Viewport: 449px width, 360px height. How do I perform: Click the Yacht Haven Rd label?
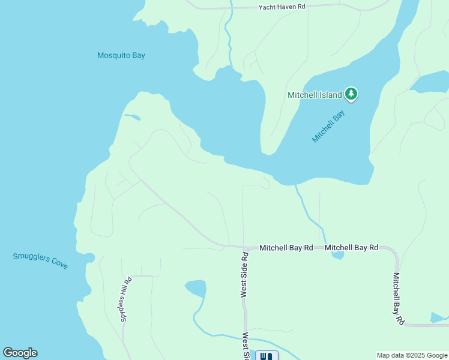282,7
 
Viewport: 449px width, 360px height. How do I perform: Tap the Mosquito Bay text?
121,56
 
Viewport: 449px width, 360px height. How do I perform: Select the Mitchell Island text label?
315,95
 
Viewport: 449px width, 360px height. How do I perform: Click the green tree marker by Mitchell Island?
351,94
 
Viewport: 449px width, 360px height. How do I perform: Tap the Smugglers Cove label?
40,260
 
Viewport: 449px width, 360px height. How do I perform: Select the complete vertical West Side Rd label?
244,274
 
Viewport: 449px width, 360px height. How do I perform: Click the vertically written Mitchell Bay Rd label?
398,299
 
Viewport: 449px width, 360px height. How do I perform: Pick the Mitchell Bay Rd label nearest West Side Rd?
286,247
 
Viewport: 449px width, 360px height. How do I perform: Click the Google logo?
20,353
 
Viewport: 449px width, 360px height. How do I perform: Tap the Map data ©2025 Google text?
412,355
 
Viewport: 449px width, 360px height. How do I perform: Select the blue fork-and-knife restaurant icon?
267,356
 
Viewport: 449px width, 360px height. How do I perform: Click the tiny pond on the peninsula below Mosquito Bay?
132,117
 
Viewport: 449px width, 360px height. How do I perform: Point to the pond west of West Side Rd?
196,288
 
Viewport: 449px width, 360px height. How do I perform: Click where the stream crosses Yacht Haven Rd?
229,8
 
